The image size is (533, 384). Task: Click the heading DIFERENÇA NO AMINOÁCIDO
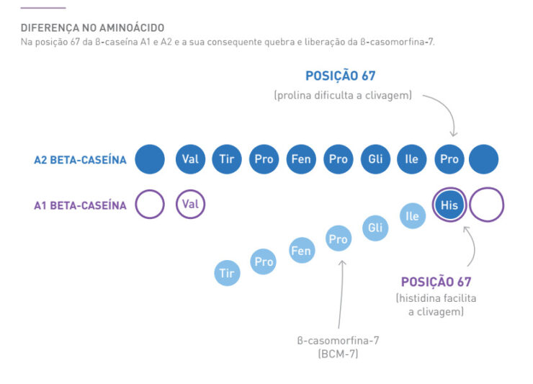point(92,27)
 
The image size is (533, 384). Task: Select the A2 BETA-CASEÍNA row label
point(80,160)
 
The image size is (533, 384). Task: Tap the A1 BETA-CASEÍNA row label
point(80,205)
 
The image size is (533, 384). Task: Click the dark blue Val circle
point(190,159)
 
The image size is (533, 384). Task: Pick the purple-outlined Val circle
point(190,205)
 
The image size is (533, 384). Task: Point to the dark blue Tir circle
point(227,159)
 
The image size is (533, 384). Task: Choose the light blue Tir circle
point(227,273)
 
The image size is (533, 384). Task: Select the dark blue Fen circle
point(301,159)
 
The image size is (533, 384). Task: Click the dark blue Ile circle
point(412,159)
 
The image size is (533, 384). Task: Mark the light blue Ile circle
point(412,216)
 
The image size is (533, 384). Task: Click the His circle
point(449,205)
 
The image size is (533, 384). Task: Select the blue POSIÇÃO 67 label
point(340,76)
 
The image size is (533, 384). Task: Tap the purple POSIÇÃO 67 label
point(436,282)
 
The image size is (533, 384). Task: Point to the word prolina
point(294,95)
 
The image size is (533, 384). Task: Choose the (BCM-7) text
point(338,354)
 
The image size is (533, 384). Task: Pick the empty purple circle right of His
point(486,205)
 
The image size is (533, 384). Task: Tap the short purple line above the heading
point(42,8)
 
